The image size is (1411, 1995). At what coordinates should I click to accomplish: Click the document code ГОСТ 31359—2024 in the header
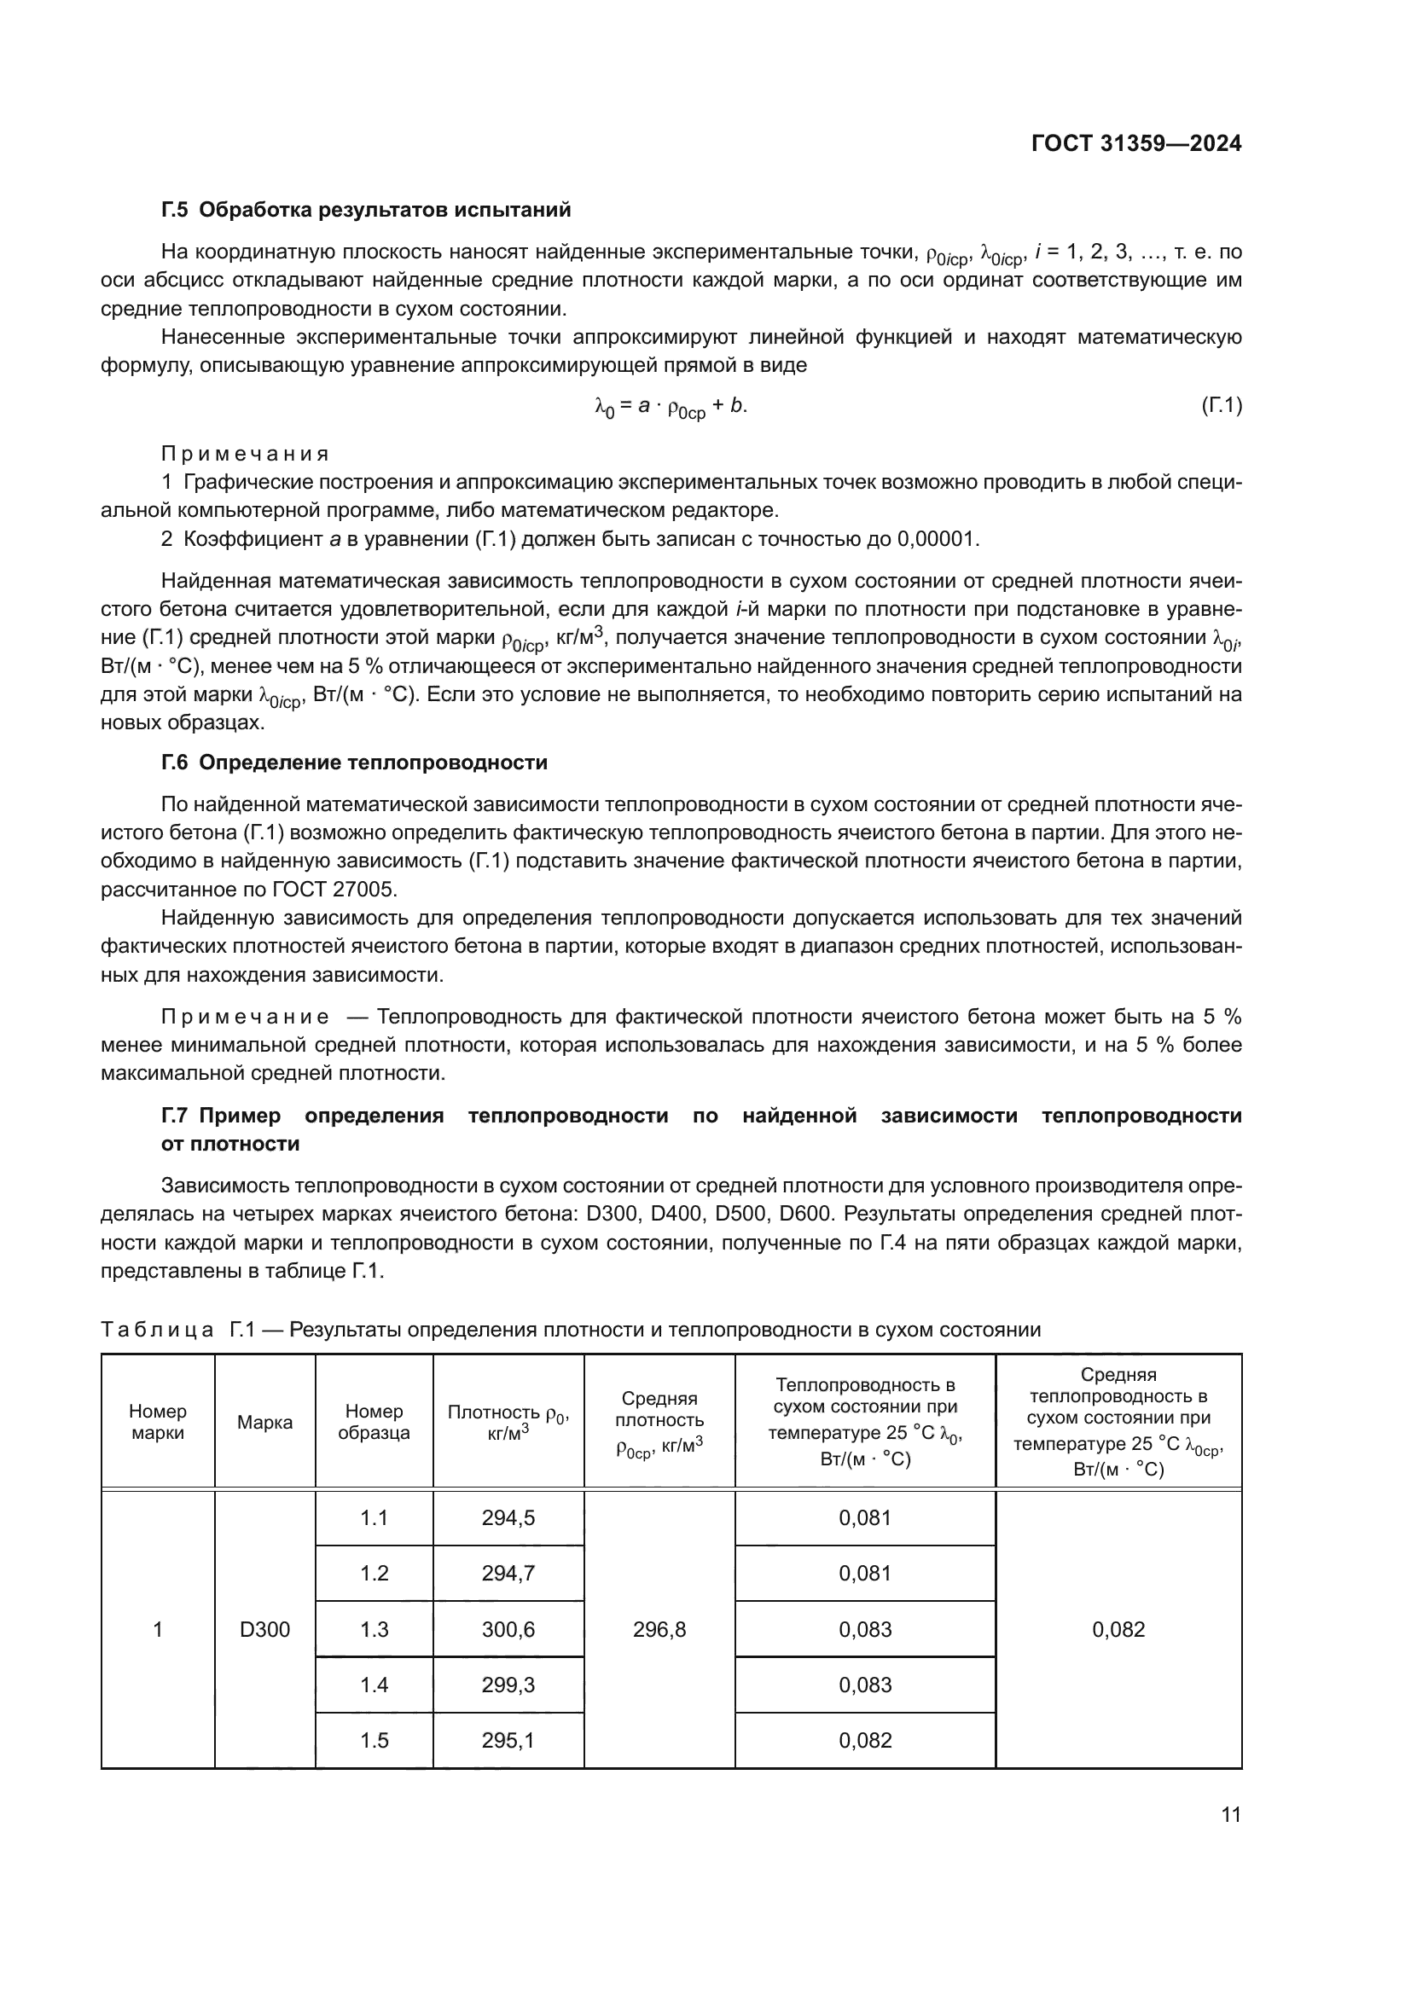(1135, 144)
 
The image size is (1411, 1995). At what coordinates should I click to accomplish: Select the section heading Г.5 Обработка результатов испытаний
(366, 210)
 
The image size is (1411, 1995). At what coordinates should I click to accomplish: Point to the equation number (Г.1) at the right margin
(1222, 405)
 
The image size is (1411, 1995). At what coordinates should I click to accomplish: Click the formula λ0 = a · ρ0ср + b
(670, 407)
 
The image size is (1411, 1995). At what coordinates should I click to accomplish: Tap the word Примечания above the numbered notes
(245, 454)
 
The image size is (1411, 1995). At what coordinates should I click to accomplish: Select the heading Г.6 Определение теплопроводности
(355, 762)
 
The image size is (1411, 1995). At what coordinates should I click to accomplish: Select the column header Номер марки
(157, 1422)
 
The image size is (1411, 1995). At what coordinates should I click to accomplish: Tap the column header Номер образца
(374, 1422)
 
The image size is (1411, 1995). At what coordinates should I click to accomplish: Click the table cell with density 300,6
(508, 1629)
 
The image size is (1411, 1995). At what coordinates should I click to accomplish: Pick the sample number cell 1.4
(374, 1685)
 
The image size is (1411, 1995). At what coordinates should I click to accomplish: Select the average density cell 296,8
(659, 1629)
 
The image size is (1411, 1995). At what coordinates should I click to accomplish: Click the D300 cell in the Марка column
(264, 1629)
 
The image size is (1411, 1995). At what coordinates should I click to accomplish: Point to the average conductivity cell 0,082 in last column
(1118, 1629)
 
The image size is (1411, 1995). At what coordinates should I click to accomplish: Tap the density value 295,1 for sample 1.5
(508, 1741)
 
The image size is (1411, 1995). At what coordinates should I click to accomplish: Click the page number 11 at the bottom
(1230, 1815)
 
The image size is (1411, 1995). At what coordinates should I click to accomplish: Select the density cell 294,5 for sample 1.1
(508, 1518)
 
